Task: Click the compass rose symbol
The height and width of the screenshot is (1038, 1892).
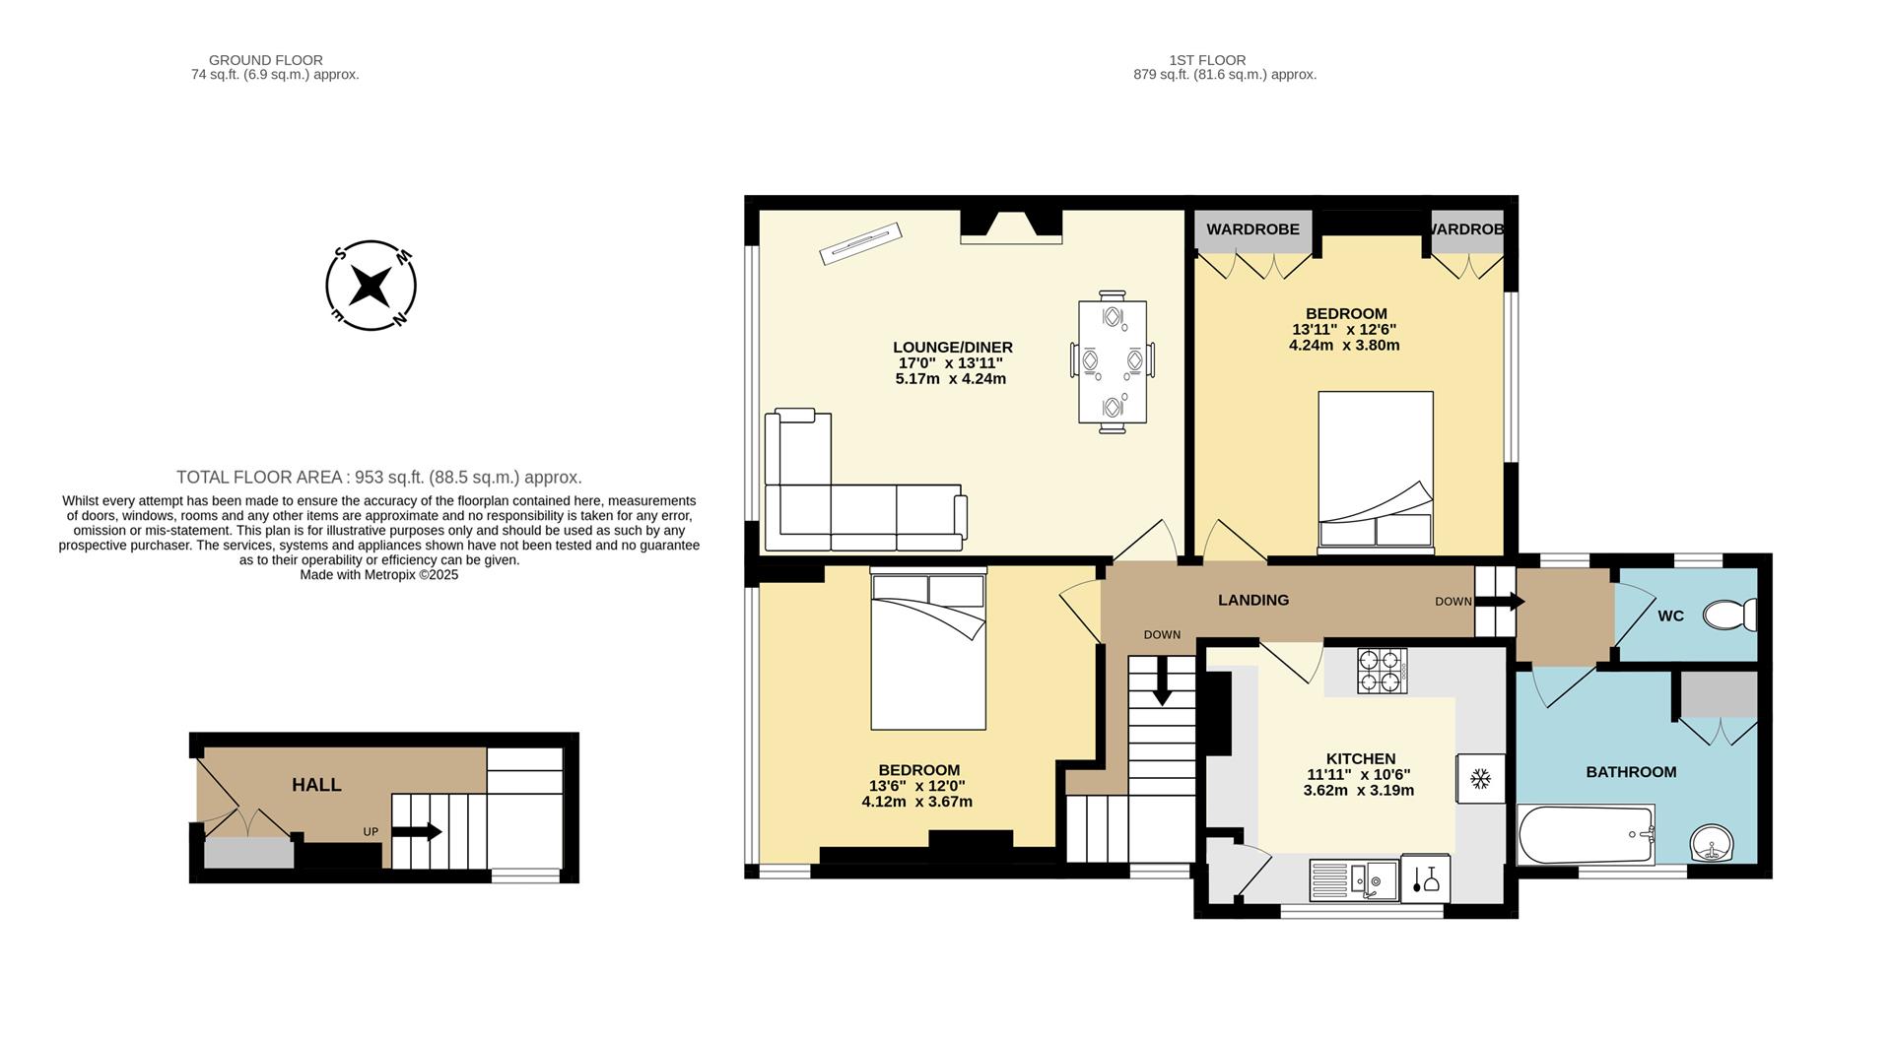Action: (371, 286)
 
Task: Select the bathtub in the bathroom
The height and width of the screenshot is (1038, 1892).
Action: (1586, 834)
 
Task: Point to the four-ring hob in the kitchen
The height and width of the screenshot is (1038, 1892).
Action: (1381, 671)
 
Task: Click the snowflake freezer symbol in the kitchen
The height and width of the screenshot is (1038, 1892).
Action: (1479, 779)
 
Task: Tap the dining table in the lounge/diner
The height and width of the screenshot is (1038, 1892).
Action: (1113, 360)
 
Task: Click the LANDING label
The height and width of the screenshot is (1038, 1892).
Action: (1252, 600)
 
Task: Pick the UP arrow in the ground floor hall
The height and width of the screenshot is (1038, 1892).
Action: (417, 832)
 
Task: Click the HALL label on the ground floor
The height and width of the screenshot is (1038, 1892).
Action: (316, 785)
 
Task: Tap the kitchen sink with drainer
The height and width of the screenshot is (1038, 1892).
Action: (1354, 878)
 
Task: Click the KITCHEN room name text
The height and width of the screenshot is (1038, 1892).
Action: (1360, 758)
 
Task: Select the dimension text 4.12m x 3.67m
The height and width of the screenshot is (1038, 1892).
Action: (916, 802)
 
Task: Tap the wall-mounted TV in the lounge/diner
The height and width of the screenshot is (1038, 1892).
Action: (860, 243)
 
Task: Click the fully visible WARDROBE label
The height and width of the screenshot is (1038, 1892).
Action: (1252, 229)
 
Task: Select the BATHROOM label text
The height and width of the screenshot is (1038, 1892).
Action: (1630, 772)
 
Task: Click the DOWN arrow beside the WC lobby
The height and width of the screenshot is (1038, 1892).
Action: (1501, 601)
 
